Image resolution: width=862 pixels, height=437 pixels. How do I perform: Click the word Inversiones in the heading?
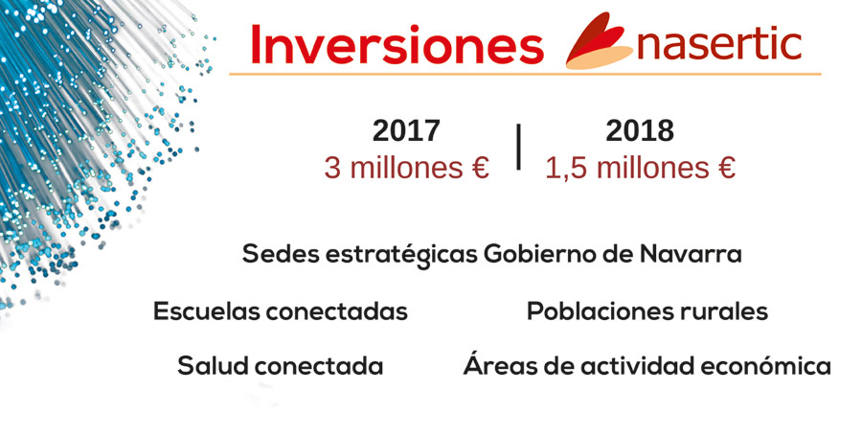point(397,44)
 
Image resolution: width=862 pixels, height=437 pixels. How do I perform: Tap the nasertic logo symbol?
point(598,40)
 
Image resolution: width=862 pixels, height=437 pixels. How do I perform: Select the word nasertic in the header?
point(718,45)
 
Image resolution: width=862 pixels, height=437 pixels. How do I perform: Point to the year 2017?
point(406,131)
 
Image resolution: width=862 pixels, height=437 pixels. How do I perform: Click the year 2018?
point(640,131)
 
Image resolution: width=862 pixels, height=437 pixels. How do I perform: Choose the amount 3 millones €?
point(406,168)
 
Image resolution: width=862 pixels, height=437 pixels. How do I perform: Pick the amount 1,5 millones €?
point(640,168)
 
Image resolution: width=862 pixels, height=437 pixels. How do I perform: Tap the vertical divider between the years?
point(518,147)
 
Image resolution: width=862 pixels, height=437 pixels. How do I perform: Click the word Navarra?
point(691,254)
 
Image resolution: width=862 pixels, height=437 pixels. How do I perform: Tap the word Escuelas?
point(206,311)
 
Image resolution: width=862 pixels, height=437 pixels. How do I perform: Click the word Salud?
point(214,366)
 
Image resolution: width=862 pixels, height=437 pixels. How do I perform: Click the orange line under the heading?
point(525,74)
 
